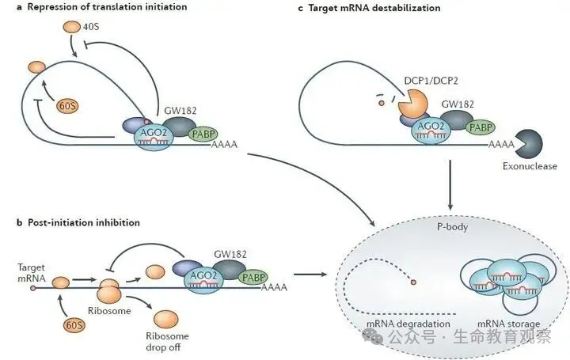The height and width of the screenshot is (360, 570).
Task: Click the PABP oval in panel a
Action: coord(203,135)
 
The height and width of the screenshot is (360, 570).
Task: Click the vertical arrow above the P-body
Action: coord(449,184)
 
